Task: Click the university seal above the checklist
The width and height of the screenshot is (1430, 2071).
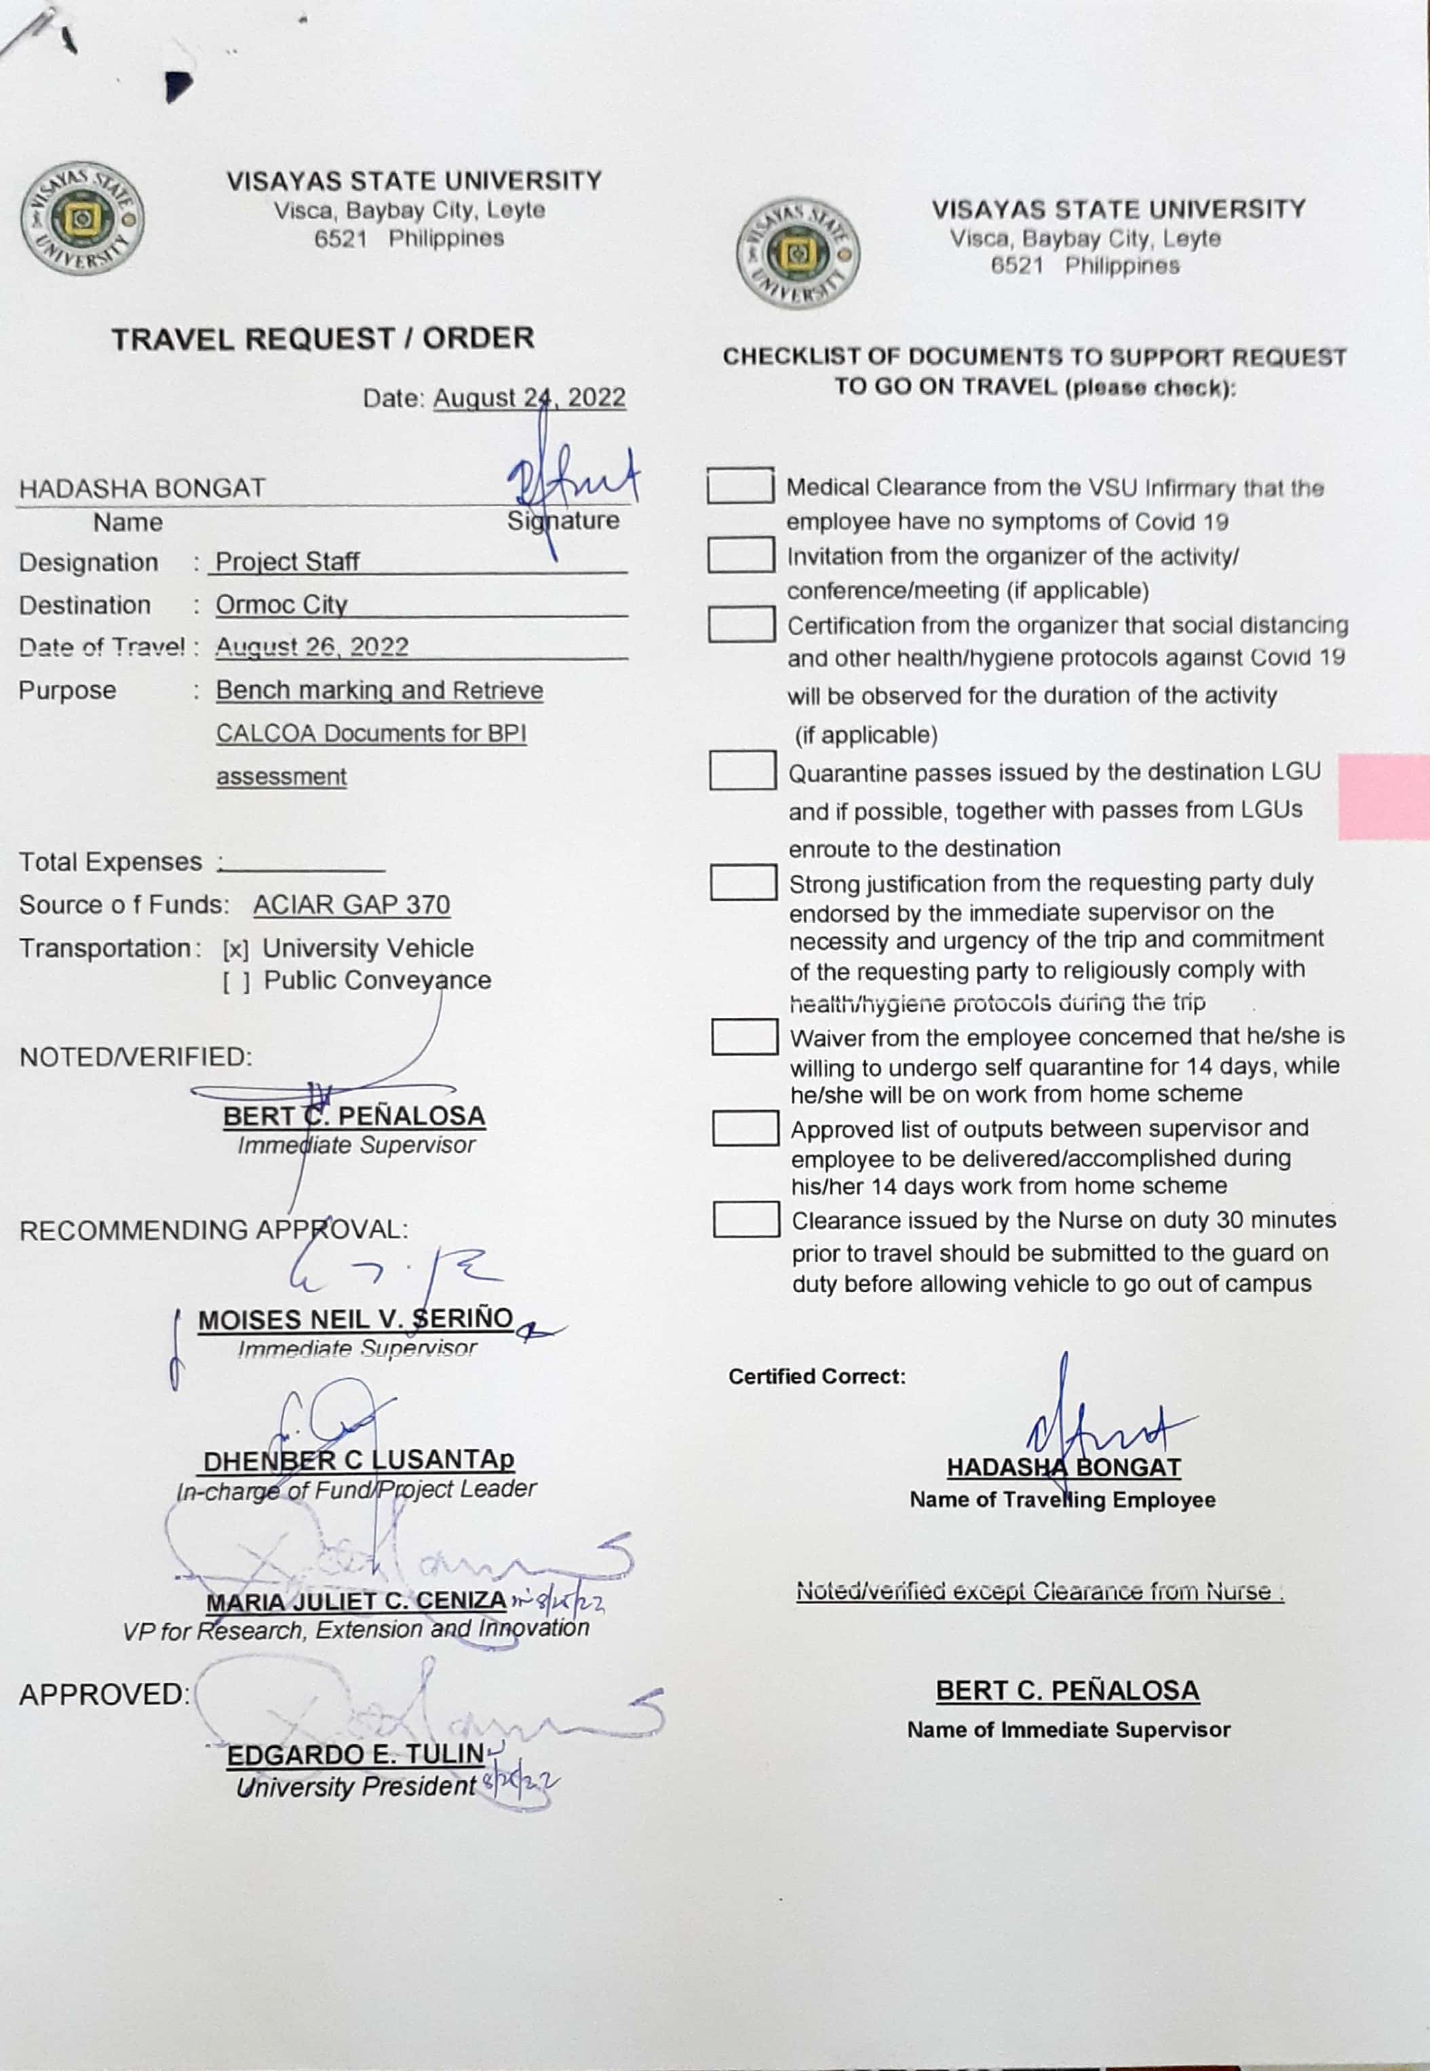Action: pyautogui.click(x=796, y=252)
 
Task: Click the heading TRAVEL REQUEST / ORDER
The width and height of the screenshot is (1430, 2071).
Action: pyautogui.click(x=322, y=339)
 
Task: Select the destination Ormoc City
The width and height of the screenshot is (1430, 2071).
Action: pyautogui.click(x=282, y=605)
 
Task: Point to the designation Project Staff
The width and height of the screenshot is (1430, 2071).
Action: pyautogui.click(x=287, y=562)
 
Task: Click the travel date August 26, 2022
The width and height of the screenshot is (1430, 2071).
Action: pyautogui.click(x=312, y=647)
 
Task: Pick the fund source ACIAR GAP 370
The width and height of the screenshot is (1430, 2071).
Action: pyautogui.click(x=351, y=905)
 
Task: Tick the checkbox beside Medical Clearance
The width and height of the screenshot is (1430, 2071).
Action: pyautogui.click(x=740, y=486)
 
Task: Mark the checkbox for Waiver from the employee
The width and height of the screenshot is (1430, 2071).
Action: pyautogui.click(x=745, y=1037)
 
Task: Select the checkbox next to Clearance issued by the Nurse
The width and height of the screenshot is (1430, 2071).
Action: pyautogui.click(x=746, y=1219)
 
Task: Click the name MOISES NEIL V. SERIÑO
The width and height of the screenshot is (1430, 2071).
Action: pyautogui.click(x=355, y=1320)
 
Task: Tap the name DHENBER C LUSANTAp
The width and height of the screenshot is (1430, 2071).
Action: pyautogui.click(x=358, y=1462)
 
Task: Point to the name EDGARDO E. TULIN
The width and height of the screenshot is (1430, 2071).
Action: pyautogui.click(x=355, y=1755)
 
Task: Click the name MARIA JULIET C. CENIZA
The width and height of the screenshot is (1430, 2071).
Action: pyautogui.click(x=355, y=1601)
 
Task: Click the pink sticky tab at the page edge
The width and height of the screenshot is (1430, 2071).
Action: pyautogui.click(x=1383, y=797)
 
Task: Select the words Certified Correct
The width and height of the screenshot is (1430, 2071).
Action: pyautogui.click(x=816, y=1377)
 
